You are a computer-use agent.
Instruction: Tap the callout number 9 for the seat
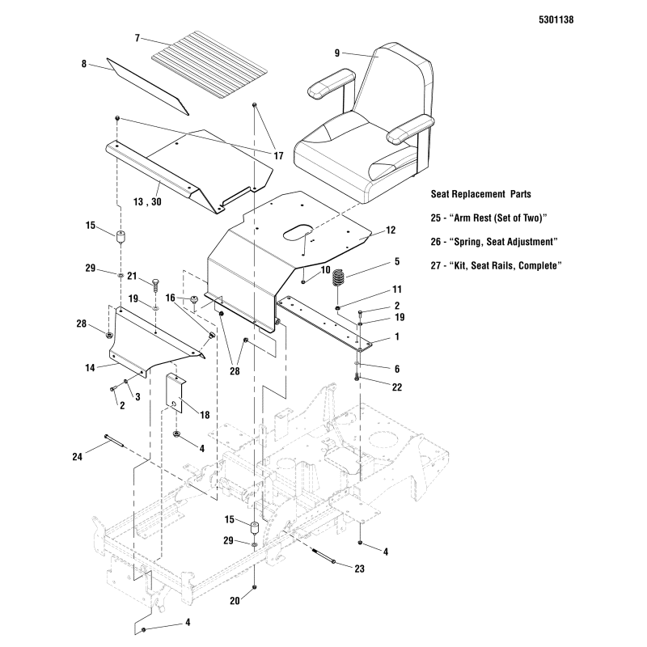pos(336,53)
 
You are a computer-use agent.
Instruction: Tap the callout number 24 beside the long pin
pos(76,458)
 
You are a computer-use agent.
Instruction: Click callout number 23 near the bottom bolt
pos(358,569)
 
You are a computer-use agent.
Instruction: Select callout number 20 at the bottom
pos(234,601)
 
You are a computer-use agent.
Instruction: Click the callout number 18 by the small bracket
pos(204,414)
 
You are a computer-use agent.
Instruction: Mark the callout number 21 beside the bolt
pos(132,276)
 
